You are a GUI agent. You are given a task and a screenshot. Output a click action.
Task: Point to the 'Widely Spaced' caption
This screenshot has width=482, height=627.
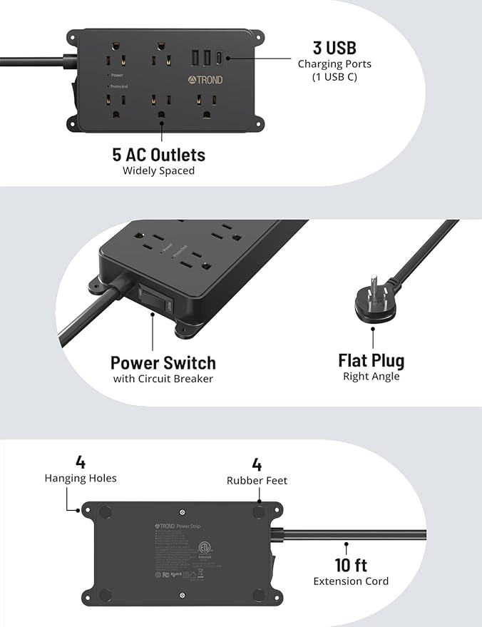(x=158, y=171)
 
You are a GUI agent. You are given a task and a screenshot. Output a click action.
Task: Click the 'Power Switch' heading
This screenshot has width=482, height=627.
(x=163, y=362)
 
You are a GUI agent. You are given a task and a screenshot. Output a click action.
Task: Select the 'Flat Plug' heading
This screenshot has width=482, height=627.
(x=371, y=360)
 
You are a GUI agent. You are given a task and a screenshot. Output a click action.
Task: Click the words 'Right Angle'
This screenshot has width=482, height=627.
(x=371, y=377)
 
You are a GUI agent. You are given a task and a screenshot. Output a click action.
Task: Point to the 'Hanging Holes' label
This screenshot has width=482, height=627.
(x=80, y=479)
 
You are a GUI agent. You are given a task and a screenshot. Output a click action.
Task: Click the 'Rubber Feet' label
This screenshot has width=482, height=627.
(x=257, y=481)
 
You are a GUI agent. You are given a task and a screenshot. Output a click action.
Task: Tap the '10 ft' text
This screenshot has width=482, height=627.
(x=351, y=565)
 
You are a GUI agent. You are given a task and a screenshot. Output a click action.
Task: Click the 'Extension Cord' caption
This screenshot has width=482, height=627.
(x=351, y=581)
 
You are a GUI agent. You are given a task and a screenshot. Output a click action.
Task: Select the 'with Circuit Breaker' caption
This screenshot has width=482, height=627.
(x=163, y=379)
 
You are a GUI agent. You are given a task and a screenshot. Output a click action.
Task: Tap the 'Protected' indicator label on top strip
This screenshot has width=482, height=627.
(x=118, y=86)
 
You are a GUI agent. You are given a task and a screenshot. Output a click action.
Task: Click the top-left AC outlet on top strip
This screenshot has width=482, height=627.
(x=114, y=59)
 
